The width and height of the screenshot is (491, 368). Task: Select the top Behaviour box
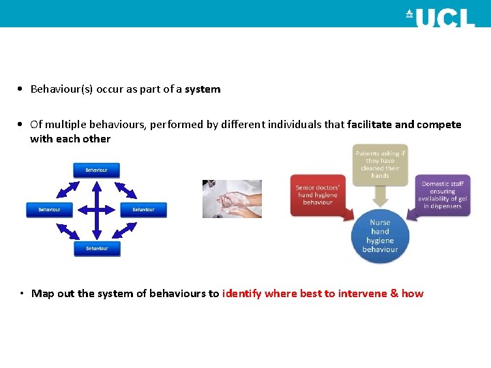pos(96,170)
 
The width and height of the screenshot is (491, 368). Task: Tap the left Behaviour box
pos(48,209)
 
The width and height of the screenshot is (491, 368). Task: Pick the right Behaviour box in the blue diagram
pos(143,209)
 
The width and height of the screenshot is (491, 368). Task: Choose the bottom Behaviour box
pos(97,249)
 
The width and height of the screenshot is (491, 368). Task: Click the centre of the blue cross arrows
pos(96,209)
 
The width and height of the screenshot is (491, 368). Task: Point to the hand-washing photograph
pos(232,198)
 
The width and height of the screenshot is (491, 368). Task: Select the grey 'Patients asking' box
pos(380,164)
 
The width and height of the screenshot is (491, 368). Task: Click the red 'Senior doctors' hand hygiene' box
pos(318,194)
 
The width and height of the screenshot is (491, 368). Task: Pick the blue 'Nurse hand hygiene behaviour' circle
pos(380,236)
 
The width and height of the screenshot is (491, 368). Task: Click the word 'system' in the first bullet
pos(203,89)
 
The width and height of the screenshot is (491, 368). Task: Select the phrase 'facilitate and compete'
pos(404,125)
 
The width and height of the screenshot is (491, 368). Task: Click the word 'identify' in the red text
pos(241,294)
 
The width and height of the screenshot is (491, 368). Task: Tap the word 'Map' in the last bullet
pos(42,294)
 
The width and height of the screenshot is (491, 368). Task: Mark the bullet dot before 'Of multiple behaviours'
pos(23,125)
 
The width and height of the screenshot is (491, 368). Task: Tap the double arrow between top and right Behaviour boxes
pos(127,188)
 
